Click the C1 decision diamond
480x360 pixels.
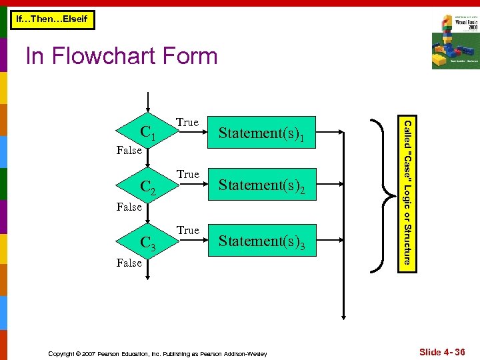pyautogui.click(x=148, y=132)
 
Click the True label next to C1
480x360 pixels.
pyautogui.click(x=187, y=122)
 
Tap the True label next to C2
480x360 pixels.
pyautogui.click(x=187, y=174)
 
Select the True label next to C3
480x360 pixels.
pyautogui.click(x=187, y=230)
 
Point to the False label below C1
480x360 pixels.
pyautogui.click(x=129, y=150)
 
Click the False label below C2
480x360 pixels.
pyautogui.click(x=129, y=207)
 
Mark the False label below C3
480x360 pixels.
pyautogui.click(x=129, y=263)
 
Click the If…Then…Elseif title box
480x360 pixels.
pyautogui.click(x=52, y=20)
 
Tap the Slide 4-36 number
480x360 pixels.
pyautogui.click(x=442, y=351)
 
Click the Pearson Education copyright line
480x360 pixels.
pyautogui.click(x=157, y=353)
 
